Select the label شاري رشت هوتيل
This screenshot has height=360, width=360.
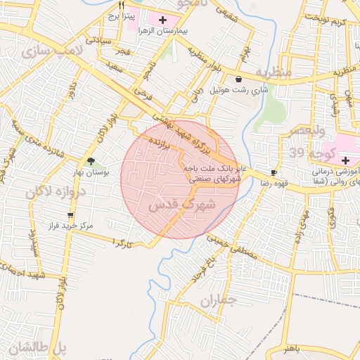240,89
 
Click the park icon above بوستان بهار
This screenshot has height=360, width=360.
91,161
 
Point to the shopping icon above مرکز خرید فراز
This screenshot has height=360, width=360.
70,215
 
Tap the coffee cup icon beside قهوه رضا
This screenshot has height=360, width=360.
274,172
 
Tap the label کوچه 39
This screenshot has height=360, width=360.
307,154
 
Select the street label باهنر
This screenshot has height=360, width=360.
288,349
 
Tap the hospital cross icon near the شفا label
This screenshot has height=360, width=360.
345,161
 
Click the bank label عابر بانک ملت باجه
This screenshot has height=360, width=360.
214,169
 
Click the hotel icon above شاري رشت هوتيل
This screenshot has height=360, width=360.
240,79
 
